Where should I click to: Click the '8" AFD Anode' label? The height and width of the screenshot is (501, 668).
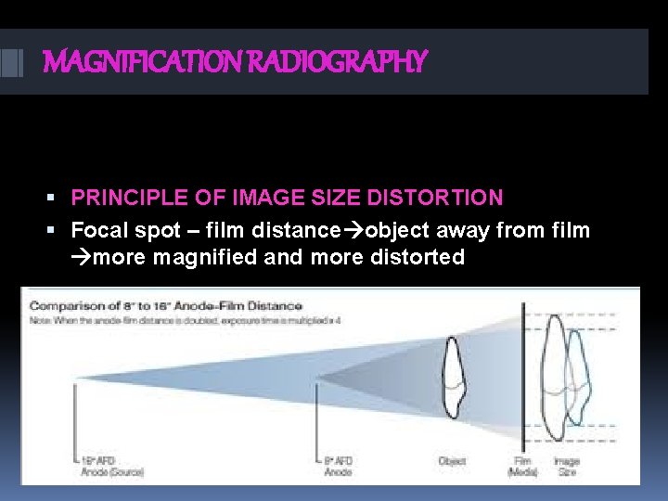tap(339, 465)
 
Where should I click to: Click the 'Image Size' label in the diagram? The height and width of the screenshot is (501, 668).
tap(566, 465)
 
